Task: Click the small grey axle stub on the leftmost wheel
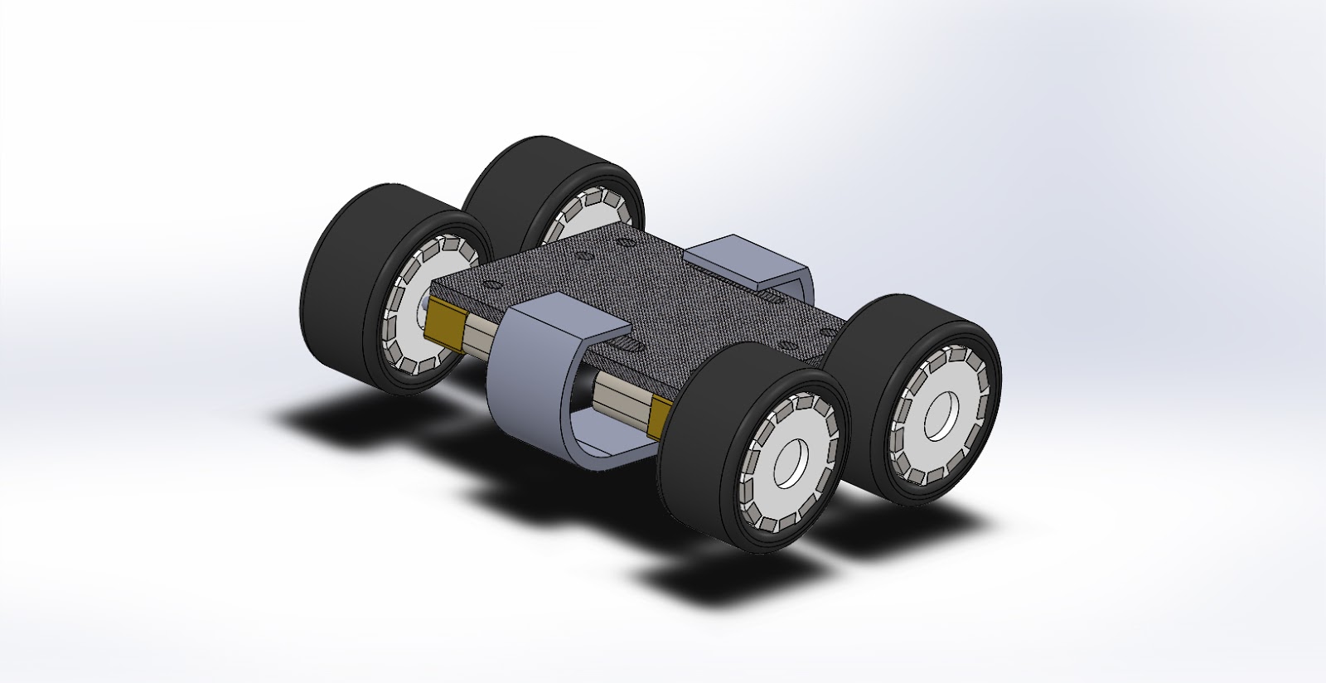(423, 305)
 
